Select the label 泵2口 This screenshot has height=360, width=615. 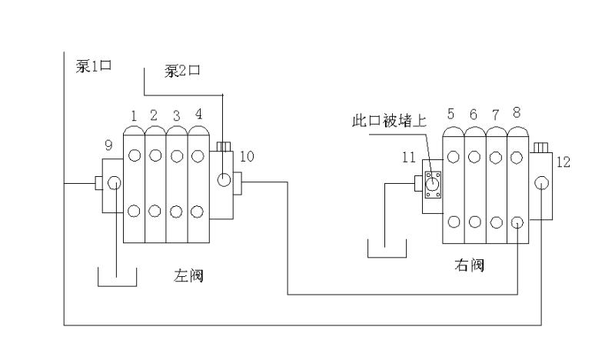point(182,72)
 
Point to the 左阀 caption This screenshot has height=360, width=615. point(188,276)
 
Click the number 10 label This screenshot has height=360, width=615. point(246,156)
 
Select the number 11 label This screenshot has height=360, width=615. point(408,157)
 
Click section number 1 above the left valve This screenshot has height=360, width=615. point(133,115)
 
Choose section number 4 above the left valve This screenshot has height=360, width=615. point(198,115)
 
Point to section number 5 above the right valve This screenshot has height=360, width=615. point(451,113)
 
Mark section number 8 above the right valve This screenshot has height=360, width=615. point(517,112)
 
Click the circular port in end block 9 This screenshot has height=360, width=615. point(114,183)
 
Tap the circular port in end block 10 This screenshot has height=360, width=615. point(224,181)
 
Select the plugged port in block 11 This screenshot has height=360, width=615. point(433,184)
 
